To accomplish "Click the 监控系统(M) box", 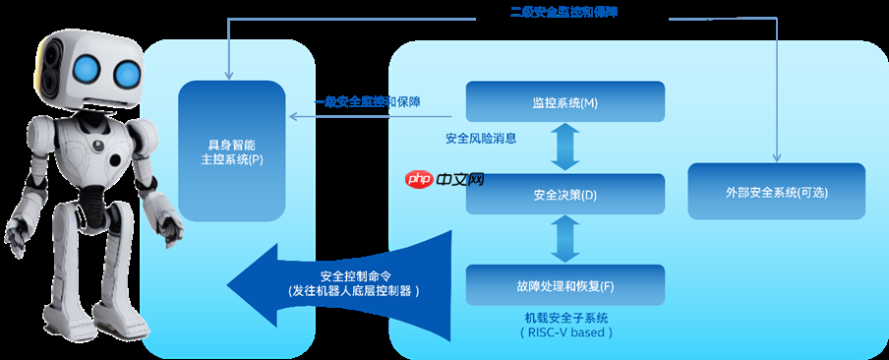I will pos(564,102).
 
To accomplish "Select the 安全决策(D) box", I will pos(564,194).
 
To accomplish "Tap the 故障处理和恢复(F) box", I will pos(564,285).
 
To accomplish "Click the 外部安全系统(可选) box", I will pos(776,192).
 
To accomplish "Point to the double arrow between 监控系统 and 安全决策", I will pos(565,149).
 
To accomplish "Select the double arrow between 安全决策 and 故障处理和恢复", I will pos(565,239).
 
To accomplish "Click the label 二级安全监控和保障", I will pos(570,12).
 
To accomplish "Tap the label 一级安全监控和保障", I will pos(368,101).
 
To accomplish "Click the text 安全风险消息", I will pos(481,138).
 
